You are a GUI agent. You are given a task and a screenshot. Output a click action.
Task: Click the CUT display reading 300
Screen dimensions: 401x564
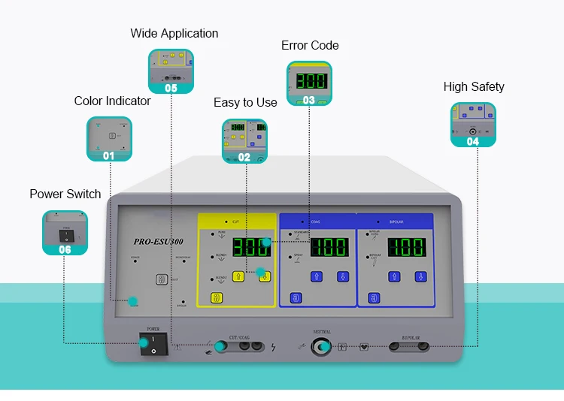(250, 247)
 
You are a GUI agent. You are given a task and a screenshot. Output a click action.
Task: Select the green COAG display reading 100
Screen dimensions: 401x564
(327, 247)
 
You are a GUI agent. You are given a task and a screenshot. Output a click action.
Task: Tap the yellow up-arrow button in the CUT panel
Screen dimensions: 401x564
(239, 276)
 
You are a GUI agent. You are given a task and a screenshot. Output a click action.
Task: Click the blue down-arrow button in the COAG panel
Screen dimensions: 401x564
(343, 276)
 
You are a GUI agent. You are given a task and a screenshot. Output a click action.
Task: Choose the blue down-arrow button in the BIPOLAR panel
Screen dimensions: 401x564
(421, 276)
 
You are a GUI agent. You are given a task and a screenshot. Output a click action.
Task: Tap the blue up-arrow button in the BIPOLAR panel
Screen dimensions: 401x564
(394, 276)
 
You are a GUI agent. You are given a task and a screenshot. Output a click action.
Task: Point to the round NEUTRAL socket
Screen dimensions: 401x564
(323, 346)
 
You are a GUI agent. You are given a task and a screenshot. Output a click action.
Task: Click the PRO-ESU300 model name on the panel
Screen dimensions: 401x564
(158, 242)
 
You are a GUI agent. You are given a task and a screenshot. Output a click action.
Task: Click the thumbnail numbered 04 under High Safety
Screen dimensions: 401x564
(473, 125)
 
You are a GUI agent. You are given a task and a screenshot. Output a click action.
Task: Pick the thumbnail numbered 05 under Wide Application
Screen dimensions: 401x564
(171, 71)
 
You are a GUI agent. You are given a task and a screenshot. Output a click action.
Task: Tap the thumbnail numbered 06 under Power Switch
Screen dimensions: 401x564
(65, 233)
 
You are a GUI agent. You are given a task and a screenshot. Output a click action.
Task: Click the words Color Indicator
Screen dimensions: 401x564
(112, 101)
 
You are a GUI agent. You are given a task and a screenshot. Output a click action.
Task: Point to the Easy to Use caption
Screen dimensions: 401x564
(245, 102)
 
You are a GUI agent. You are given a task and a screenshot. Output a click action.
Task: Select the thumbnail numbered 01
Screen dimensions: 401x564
(109, 139)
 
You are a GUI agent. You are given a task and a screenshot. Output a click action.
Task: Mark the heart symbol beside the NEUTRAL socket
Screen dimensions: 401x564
(365, 347)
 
